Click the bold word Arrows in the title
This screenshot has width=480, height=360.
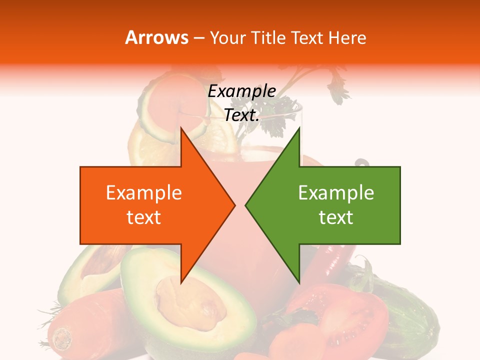[x=157, y=37]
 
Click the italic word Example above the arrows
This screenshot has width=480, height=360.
[x=242, y=91]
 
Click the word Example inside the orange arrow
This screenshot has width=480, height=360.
[x=143, y=193]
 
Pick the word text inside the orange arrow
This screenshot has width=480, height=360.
[x=143, y=217]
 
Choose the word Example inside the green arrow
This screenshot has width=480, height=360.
[x=336, y=193]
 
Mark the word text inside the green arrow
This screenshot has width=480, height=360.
[x=336, y=217]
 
